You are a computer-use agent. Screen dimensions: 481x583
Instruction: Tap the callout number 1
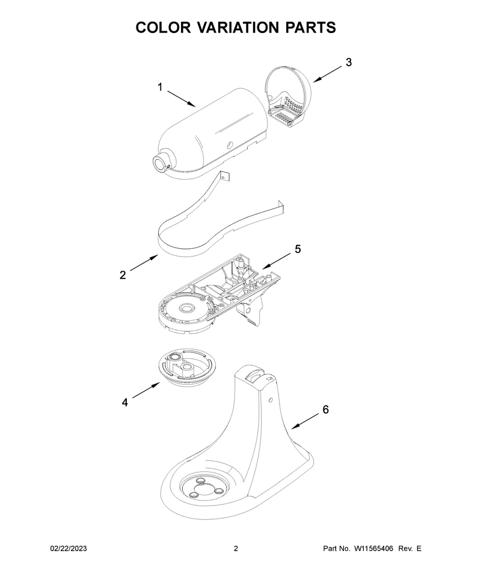pyautogui.click(x=161, y=87)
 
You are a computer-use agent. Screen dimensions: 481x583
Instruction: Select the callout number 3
pyautogui.click(x=348, y=63)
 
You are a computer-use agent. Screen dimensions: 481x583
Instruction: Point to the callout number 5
pyautogui.click(x=298, y=249)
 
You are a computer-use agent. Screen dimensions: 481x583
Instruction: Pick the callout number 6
pyautogui.click(x=325, y=409)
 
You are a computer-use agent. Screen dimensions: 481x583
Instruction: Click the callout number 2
pyautogui.click(x=123, y=275)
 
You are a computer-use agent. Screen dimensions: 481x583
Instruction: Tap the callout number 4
pyautogui.click(x=125, y=402)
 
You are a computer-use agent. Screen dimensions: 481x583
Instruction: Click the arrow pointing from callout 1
pyautogui.click(x=182, y=99)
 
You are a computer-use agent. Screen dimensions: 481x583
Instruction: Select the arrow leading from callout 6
pyautogui.click(x=305, y=422)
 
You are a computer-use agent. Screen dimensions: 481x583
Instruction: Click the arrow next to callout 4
pyautogui.click(x=146, y=391)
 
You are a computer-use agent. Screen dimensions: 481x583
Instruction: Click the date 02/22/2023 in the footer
pyautogui.click(x=69, y=548)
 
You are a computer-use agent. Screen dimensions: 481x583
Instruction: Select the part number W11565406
pyautogui.click(x=373, y=548)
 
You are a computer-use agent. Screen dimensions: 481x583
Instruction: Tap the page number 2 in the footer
pyautogui.click(x=236, y=548)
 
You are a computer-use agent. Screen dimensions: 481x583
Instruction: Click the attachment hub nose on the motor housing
pyautogui.click(x=162, y=162)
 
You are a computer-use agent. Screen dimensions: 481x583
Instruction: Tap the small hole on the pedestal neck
pyautogui.click(x=271, y=400)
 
